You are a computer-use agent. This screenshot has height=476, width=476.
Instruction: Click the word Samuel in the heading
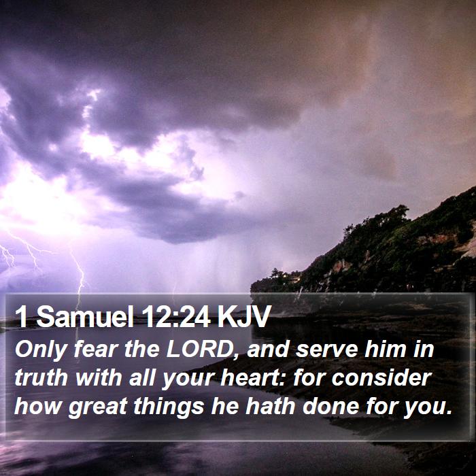[x=85, y=316]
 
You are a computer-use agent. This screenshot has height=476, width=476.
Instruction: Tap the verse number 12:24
[x=176, y=316]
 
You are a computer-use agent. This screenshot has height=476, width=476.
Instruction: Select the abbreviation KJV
[x=243, y=316]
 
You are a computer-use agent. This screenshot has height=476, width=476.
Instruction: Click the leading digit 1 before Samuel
[x=22, y=316]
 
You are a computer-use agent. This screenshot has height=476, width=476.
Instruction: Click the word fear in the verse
[x=96, y=349]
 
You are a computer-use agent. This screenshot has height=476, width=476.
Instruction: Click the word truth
[x=41, y=378]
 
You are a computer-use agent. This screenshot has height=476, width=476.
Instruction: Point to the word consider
[x=381, y=378]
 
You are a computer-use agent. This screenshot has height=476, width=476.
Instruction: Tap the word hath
[x=270, y=406]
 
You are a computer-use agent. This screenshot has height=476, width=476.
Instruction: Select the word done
[x=331, y=406]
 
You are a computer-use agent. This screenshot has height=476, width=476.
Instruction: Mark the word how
[x=37, y=406]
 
